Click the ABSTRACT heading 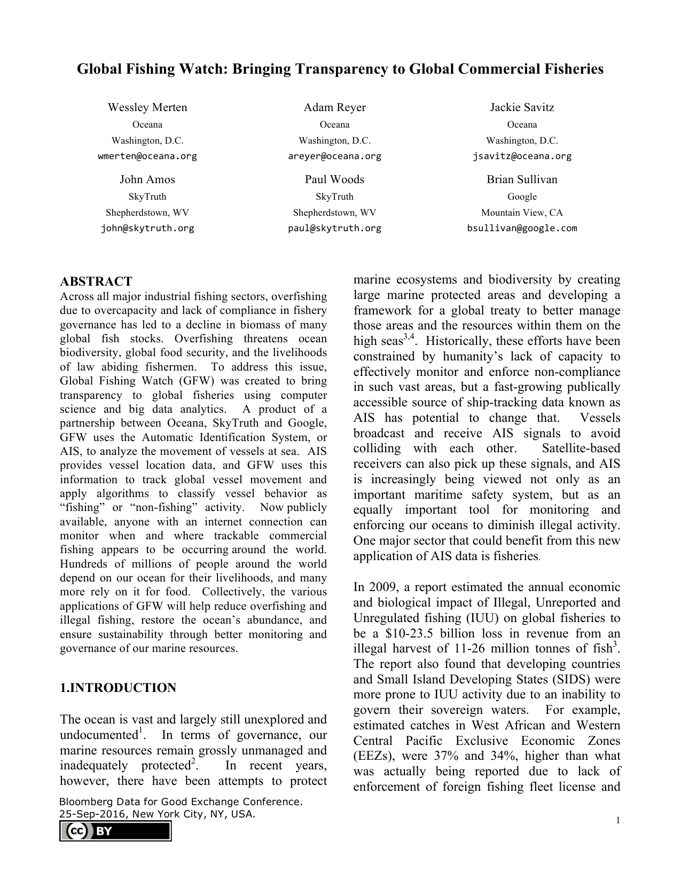[x=96, y=281]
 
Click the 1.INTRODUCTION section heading [x=118, y=688]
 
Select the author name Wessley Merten [x=147, y=107]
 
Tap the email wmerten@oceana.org [x=147, y=156]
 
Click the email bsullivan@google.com [x=522, y=229]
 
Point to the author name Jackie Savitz [x=522, y=107]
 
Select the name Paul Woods [x=334, y=179]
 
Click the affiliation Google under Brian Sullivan [x=522, y=196]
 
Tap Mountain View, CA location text [x=522, y=213]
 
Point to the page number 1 [x=618, y=821]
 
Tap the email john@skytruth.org [x=147, y=229]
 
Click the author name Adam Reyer [x=334, y=107]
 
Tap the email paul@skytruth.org [x=334, y=229]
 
